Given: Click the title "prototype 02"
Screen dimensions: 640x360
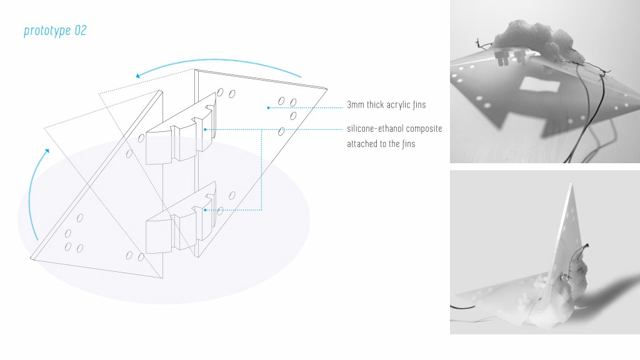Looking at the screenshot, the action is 55,31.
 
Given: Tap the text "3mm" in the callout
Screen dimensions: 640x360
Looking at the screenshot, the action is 355,105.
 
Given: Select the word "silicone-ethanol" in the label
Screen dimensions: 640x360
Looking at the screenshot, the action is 372,129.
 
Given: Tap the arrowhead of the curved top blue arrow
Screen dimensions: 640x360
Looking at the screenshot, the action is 138,76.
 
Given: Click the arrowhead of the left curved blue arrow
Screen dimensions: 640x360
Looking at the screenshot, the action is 47,151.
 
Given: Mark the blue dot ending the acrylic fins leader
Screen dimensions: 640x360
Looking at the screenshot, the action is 268,107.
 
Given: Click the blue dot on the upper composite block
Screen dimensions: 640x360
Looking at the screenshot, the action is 205,129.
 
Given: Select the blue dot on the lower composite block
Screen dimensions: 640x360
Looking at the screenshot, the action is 205,210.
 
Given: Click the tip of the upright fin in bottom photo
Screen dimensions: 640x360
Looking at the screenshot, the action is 570,184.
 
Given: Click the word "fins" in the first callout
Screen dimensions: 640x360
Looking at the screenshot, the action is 419,105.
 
